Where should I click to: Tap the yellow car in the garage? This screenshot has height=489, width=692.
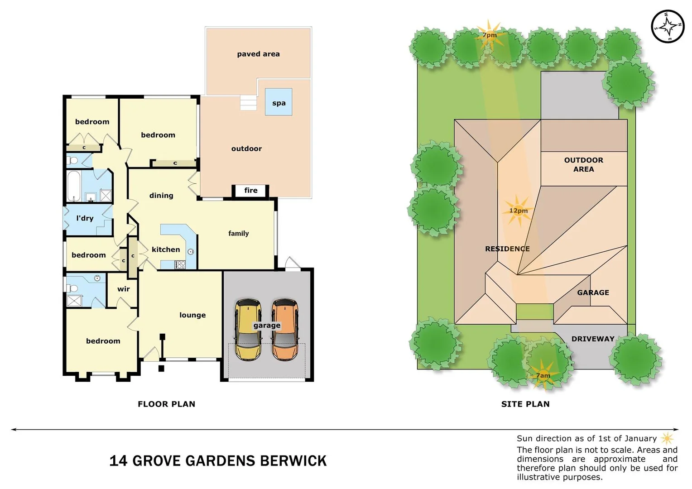coord(248,330)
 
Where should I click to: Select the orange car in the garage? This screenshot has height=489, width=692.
coord(284,330)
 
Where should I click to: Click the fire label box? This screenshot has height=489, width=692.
coord(250,191)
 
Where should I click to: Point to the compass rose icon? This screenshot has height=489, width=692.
coord(667,26)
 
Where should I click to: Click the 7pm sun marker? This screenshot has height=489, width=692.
coord(489,35)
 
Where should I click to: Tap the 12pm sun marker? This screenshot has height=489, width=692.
coord(518,211)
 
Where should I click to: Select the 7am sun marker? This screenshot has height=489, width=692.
coord(543,375)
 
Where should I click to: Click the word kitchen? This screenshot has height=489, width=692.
coord(166,249)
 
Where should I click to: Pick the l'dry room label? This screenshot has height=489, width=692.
coord(85,218)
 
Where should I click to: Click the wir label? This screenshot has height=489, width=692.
coord(124,289)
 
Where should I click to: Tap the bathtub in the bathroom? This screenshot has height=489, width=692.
coord(74,186)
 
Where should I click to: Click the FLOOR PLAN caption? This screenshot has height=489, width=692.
coord(166,404)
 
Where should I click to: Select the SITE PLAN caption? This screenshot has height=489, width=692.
coord(525,404)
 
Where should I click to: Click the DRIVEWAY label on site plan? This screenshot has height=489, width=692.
coord(592,339)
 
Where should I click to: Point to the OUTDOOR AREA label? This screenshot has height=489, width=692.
coord(583,164)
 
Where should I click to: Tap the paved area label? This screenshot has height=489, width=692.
coord(258,54)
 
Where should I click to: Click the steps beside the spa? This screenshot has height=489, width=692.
coord(248,103)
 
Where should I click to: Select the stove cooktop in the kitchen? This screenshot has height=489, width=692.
coord(180,265)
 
